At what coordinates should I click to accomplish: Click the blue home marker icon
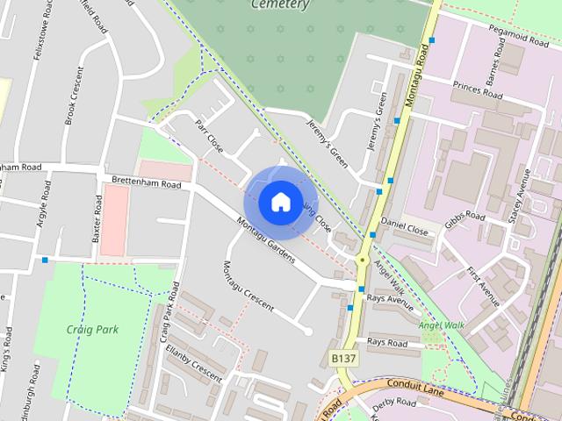pos(279,203)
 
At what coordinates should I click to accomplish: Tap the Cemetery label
pos(280,4)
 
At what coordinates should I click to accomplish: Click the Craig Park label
pos(91,330)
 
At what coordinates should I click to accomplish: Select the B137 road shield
pos(343,359)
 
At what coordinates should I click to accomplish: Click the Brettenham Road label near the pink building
pos(146,182)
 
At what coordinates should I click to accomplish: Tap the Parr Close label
pos(210,136)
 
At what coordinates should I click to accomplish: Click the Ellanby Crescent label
pos(193,361)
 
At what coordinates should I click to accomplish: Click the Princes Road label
pos(478,89)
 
